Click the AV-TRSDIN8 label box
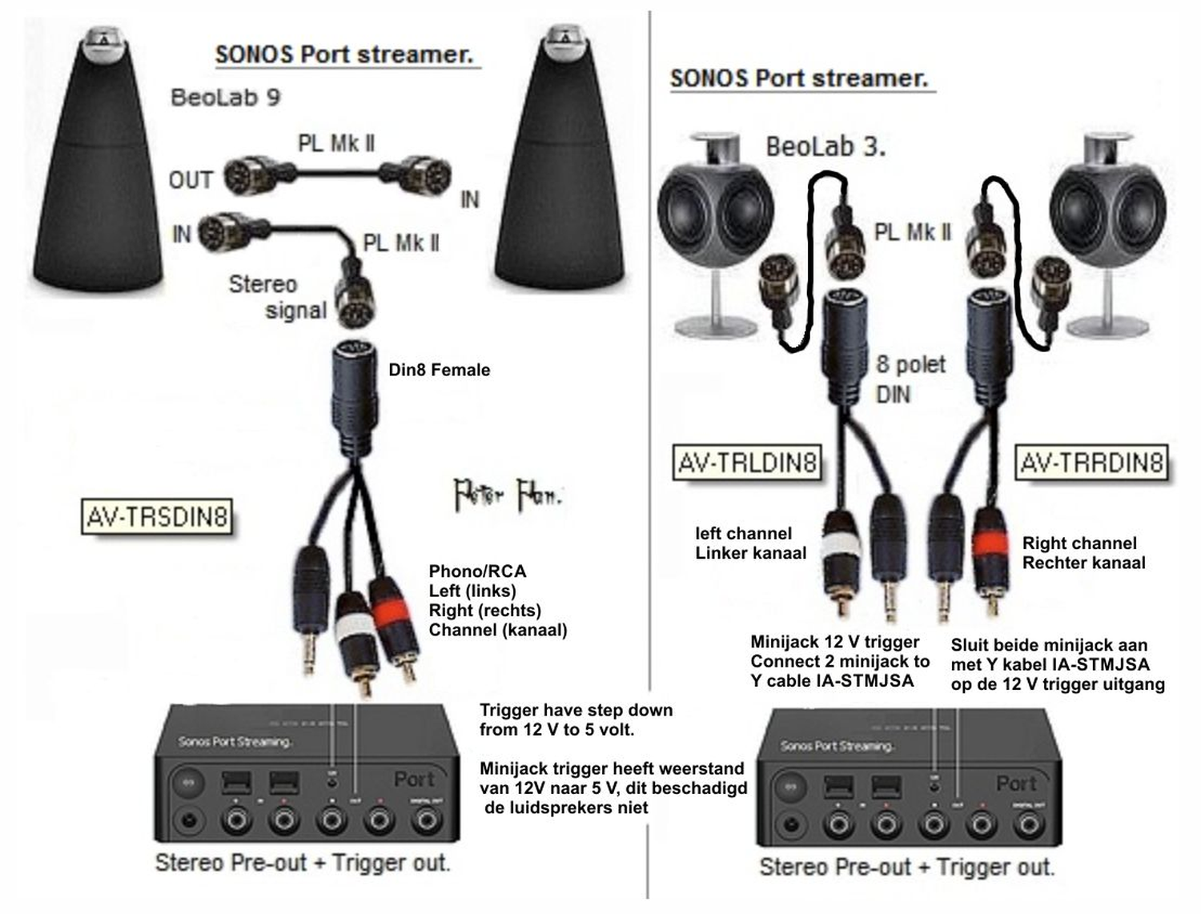(x=158, y=517)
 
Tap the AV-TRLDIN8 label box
(x=747, y=463)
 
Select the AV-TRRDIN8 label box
(x=1091, y=463)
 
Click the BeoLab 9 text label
(x=225, y=98)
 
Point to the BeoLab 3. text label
(x=825, y=147)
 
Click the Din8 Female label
(x=439, y=370)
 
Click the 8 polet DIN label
(x=910, y=379)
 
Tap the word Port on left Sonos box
(x=414, y=779)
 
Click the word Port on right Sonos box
(x=1016, y=783)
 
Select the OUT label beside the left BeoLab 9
(x=191, y=180)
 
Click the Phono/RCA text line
(x=477, y=571)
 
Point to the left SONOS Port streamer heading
(x=344, y=54)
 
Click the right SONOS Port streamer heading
(x=799, y=78)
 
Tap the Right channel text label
(x=1078, y=543)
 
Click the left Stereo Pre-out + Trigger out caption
(x=303, y=863)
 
